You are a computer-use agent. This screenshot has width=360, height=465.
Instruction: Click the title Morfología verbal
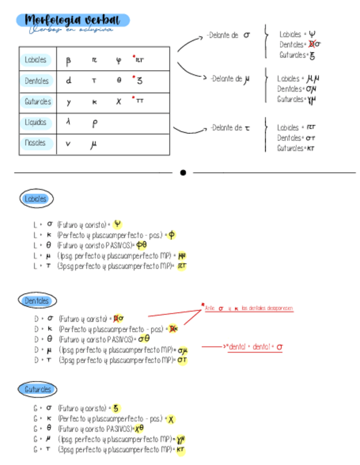[73, 20]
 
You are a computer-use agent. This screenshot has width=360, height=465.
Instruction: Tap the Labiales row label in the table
[36, 60]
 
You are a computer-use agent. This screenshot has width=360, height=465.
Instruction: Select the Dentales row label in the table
[36, 81]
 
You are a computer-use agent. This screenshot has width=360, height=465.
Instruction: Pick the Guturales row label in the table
[37, 101]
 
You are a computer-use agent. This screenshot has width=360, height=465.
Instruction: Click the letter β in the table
[69, 61]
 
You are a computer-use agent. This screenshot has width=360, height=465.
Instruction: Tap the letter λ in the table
[68, 123]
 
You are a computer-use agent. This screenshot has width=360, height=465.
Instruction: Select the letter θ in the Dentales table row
[119, 81]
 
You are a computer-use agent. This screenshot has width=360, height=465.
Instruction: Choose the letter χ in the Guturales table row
[119, 101]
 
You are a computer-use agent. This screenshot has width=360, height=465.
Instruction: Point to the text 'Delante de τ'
[230, 128]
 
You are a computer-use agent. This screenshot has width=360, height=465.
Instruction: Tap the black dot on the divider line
[183, 172]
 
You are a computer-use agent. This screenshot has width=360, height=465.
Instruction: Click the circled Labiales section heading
[36, 199]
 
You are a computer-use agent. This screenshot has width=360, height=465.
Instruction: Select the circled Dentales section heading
[36, 300]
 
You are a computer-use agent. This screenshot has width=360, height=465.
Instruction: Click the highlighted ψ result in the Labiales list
[117, 224]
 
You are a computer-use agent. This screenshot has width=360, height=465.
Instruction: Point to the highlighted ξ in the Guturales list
[116, 408]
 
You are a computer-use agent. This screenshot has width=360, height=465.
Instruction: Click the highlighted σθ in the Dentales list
[144, 339]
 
